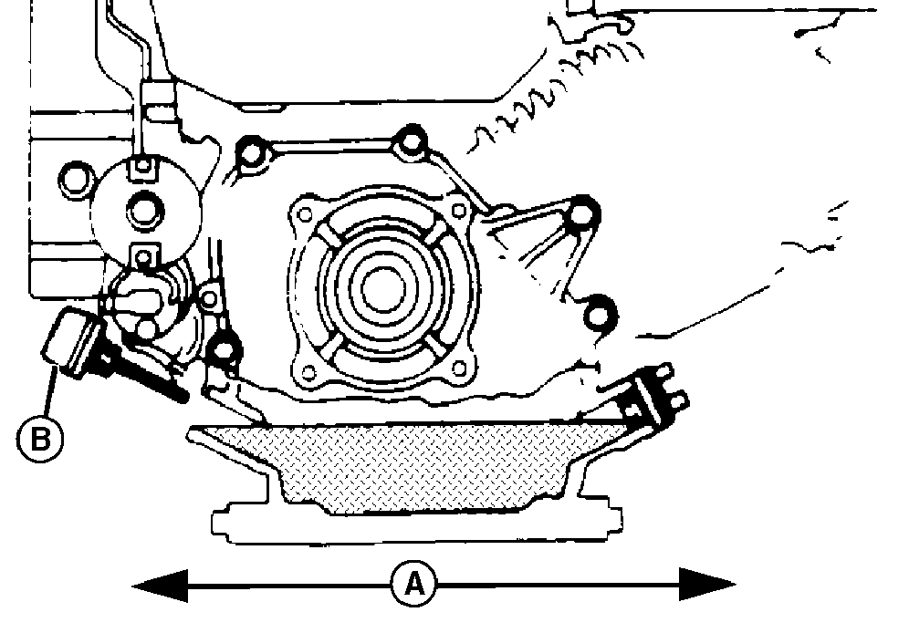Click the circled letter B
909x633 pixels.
pyautogui.click(x=40, y=440)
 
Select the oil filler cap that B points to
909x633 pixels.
pyautogui.click(x=68, y=342)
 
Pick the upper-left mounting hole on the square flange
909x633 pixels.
pyautogui.click(x=303, y=217)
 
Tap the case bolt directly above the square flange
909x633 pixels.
pyautogui.click(x=411, y=142)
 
